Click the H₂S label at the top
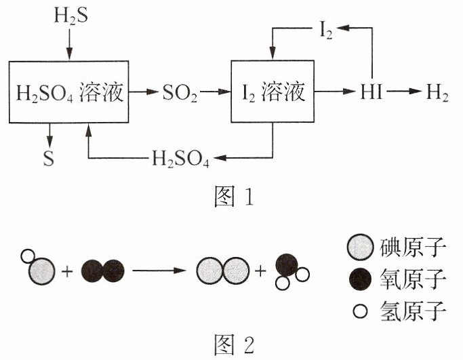coord(71,16)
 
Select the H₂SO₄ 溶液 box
coord(68,92)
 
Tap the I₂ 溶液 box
coord(273,92)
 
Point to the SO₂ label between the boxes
coord(180,93)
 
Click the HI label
coord(371,92)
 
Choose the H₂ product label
coord(437,92)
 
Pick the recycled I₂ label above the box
coord(326,31)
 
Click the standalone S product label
coord(49,158)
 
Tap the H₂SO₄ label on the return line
coord(180,159)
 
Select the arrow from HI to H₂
coord(404,92)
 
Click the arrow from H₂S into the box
coord(69,45)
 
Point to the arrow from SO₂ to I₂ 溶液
coord(216,92)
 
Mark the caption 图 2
coord(234,344)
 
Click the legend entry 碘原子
coord(397,247)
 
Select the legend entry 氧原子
coord(397,279)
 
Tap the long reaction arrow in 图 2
coord(159,271)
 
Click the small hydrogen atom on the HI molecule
coord(28,256)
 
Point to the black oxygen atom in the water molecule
coord(287,265)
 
